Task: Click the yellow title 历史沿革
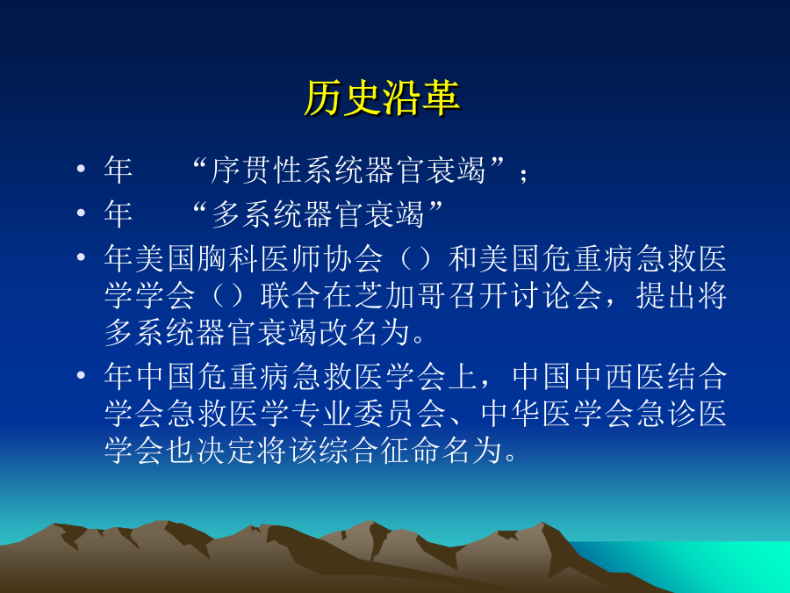coord(383,98)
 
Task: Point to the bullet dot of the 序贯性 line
coord(81,169)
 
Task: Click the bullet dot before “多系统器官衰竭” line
coord(81,213)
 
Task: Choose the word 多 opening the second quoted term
coord(226,213)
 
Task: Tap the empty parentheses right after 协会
coord(414,258)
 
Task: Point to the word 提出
coord(666,295)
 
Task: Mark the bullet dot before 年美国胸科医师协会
coord(81,257)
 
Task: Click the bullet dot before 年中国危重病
coord(81,375)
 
